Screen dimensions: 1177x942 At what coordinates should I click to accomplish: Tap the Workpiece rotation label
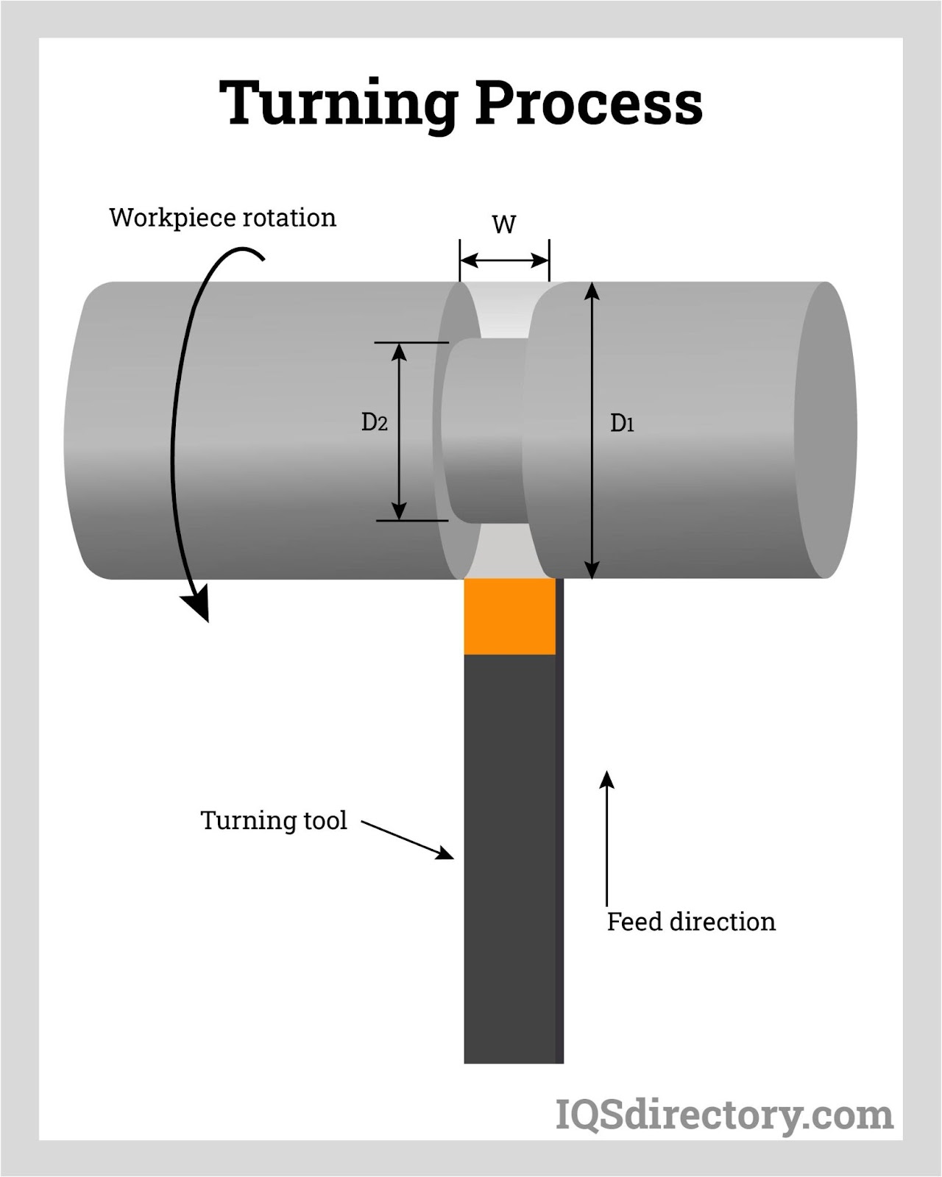coord(222,218)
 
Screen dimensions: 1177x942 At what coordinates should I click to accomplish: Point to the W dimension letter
coord(504,224)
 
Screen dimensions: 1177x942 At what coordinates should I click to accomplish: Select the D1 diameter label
coord(622,423)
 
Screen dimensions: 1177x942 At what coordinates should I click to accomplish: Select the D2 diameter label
coord(374,422)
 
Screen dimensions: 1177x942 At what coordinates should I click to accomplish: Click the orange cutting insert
coord(509,616)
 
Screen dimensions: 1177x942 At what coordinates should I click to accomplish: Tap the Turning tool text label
coord(273,820)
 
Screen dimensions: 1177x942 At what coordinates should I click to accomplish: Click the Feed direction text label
coord(691,922)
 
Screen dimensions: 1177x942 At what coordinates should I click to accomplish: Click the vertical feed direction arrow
coord(606,839)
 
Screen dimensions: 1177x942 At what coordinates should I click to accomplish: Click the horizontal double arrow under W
coord(504,260)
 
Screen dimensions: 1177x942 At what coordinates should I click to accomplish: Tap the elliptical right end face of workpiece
coord(826,430)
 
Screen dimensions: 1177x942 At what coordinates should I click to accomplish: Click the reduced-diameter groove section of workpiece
coord(486,430)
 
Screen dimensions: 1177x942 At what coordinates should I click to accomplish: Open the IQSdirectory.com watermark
coord(723,1115)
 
